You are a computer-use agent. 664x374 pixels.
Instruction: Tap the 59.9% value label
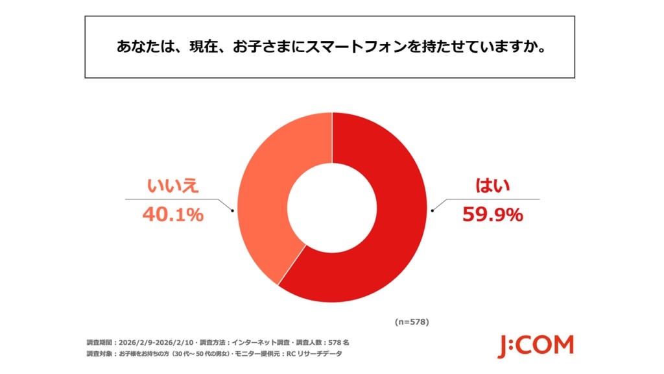492,214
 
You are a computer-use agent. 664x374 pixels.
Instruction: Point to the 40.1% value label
173,214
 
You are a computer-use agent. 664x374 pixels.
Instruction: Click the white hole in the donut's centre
332,207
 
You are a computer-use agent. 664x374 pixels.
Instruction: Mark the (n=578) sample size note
412,321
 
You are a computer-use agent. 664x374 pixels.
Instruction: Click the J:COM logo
536,346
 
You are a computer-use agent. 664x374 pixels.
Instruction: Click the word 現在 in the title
208,47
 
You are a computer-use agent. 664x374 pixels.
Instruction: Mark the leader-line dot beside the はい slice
433,210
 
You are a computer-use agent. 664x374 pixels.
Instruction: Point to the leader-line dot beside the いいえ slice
232,210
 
